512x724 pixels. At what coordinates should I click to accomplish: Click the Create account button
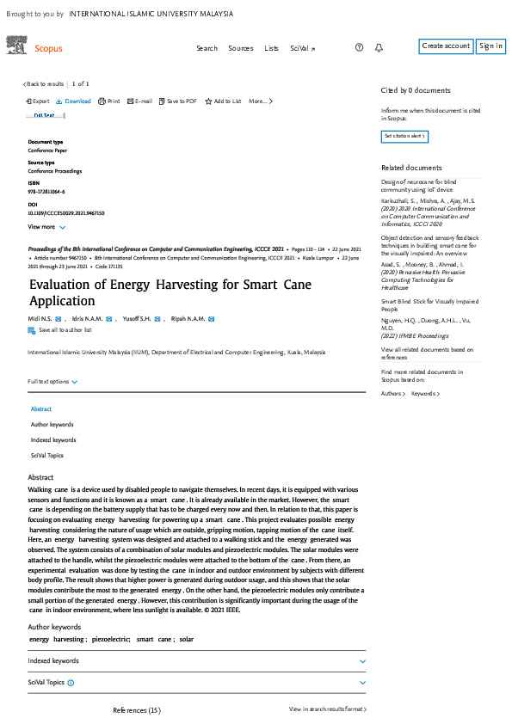point(446,46)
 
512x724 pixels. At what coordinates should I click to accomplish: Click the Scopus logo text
point(48,49)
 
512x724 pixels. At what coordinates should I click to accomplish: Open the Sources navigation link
point(241,48)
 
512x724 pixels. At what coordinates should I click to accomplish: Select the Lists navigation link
point(272,48)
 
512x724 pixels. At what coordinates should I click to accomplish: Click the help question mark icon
point(359,48)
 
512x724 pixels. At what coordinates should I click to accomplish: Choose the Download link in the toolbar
point(74,101)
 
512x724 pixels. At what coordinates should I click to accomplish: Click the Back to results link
point(44,84)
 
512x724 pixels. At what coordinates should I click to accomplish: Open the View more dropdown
point(46,227)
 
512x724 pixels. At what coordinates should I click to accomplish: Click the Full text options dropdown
point(52,382)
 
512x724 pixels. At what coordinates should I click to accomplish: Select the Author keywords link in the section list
point(52,425)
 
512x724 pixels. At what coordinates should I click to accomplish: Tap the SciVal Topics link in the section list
point(46,456)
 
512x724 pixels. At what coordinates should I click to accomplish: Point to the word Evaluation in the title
point(60,285)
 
